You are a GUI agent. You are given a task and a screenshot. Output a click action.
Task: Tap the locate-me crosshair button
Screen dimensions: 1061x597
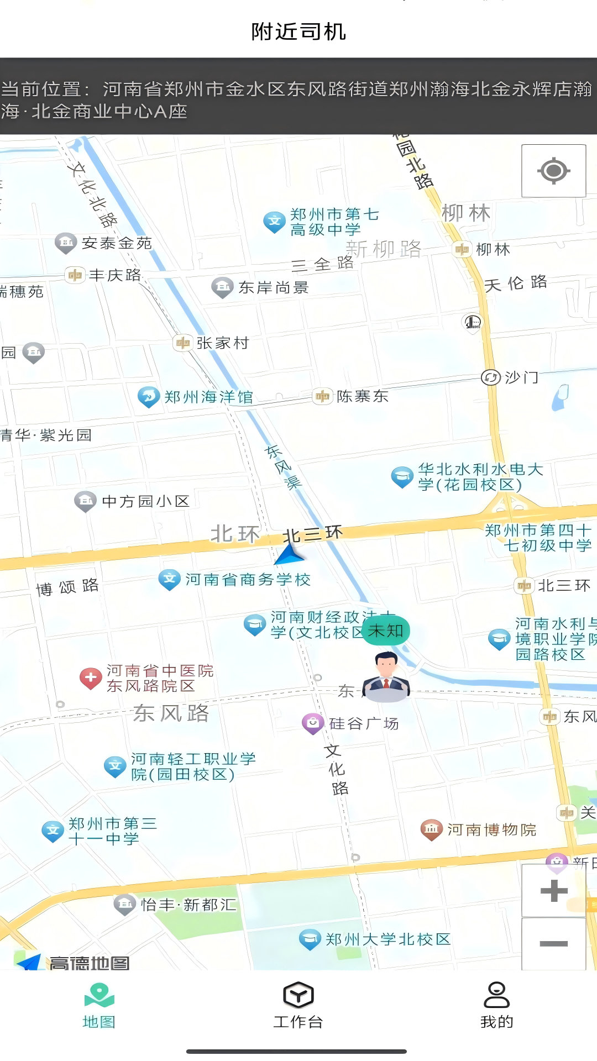point(553,170)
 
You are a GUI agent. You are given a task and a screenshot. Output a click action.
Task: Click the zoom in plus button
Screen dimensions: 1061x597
point(554,890)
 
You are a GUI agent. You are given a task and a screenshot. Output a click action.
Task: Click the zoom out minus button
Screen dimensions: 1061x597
point(554,943)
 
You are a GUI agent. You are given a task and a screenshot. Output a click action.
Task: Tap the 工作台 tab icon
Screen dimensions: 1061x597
point(298,995)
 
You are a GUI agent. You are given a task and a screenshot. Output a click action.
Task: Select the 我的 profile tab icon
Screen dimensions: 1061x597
point(496,995)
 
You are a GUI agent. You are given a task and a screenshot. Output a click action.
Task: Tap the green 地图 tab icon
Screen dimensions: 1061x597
point(99,995)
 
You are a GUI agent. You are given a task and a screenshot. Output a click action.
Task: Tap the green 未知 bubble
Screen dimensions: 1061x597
point(386,631)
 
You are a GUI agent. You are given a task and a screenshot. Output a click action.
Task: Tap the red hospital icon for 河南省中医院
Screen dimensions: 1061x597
point(91,678)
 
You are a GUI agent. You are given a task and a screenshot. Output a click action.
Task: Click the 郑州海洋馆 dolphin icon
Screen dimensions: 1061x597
point(148,396)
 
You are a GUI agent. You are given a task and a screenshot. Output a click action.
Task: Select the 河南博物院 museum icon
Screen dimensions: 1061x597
point(432,829)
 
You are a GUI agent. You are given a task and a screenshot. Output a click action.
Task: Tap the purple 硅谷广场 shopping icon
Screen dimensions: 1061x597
point(313,723)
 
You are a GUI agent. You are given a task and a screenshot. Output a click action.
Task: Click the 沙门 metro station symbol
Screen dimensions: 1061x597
point(490,377)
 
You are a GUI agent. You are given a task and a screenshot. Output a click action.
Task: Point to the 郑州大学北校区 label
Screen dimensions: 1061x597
point(388,939)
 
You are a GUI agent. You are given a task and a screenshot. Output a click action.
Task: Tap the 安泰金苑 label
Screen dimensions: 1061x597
point(117,243)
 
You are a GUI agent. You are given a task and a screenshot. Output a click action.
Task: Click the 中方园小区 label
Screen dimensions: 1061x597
point(146,501)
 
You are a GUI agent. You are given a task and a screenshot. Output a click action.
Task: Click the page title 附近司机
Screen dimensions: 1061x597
point(298,31)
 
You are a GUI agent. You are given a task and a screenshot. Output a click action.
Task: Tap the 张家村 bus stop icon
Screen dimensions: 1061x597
point(182,343)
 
